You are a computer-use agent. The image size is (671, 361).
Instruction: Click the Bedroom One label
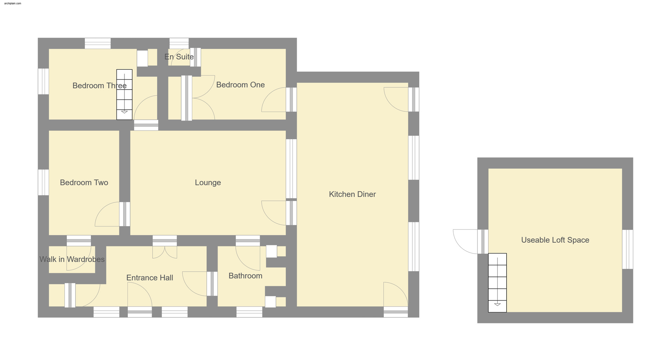[240, 85]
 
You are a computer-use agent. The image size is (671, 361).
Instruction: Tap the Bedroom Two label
[84, 183]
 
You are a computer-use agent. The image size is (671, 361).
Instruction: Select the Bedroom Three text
[99, 86]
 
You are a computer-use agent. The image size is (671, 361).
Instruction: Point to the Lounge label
[208, 183]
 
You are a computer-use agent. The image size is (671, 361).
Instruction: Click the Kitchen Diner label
[352, 194]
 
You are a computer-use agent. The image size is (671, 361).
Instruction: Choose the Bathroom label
[245, 276]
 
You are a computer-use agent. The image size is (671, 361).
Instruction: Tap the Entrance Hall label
[150, 278]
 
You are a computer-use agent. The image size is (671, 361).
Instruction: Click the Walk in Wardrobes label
[72, 259]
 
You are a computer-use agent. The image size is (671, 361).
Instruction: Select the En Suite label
[179, 57]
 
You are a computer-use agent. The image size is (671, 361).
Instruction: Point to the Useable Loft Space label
[555, 240]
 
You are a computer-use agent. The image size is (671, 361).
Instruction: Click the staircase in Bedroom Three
[124, 94]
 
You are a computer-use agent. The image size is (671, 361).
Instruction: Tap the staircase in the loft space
[497, 282]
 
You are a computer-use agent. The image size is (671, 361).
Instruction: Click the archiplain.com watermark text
[13, 3]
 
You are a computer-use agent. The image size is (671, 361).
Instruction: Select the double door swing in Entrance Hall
[165, 252]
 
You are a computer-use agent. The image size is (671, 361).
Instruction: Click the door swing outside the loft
[465, 241]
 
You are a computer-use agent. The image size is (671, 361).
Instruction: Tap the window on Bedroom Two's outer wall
[43, 182]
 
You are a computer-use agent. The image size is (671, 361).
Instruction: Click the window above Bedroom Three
[98, 43]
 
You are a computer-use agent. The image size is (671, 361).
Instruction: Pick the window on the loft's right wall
[627, 249]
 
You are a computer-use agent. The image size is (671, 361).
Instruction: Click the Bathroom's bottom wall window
[249, 312]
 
